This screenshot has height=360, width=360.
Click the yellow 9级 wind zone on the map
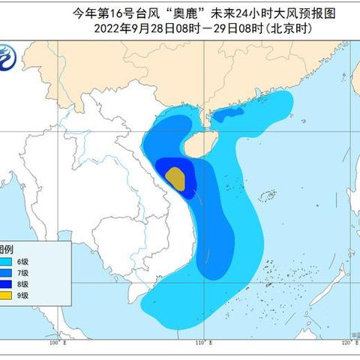[175, 178]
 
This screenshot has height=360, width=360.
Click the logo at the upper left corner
[9, 55]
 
